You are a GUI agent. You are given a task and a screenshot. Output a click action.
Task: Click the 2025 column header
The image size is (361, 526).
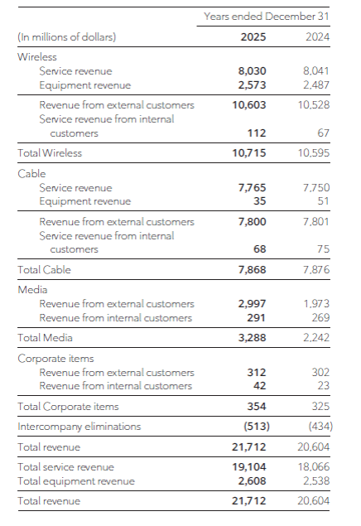click(253, 36)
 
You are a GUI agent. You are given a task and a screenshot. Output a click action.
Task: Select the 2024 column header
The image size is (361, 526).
click(317, 36)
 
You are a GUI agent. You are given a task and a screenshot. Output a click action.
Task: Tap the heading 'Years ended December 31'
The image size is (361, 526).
click(267, 16)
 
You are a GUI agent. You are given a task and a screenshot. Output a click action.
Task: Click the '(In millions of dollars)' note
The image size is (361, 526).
click(67, 36)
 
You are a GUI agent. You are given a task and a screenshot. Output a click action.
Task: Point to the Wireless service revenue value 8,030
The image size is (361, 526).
click(252, 70)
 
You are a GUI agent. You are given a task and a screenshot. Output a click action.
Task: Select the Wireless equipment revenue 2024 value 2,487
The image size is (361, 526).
click(316, 84)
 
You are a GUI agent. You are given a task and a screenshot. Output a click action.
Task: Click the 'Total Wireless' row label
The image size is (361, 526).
click(50, 153)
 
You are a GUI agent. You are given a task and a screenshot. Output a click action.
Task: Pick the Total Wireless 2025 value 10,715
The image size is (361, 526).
click(249, 153)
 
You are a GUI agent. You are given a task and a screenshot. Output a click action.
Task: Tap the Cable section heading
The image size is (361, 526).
click(31, 173)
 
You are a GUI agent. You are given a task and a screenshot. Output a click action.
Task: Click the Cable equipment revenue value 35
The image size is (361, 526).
click(260, 201)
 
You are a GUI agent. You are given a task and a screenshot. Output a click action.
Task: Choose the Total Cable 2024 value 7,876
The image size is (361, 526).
click(316, 270)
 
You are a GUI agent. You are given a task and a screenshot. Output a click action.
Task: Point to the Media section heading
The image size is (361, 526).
click(32, 289)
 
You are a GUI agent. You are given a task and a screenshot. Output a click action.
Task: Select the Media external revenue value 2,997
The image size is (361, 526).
click(252, 304)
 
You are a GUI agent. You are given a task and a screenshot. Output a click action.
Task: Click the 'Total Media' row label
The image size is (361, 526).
click(45, 337)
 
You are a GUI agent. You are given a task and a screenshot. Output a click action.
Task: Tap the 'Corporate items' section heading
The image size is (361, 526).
click(55, 359)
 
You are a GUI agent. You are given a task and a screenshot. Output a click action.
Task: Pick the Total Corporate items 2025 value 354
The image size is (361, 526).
click(257, 406)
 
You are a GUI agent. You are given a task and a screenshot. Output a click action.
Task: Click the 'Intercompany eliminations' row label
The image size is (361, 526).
click(79, 427)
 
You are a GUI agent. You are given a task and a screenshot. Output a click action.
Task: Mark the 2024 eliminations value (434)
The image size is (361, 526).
click(320, 427)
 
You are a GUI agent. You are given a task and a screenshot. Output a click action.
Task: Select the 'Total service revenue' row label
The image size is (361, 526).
click(65, 467)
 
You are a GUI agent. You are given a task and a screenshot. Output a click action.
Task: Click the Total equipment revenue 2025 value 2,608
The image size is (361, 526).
click(252, 481)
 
